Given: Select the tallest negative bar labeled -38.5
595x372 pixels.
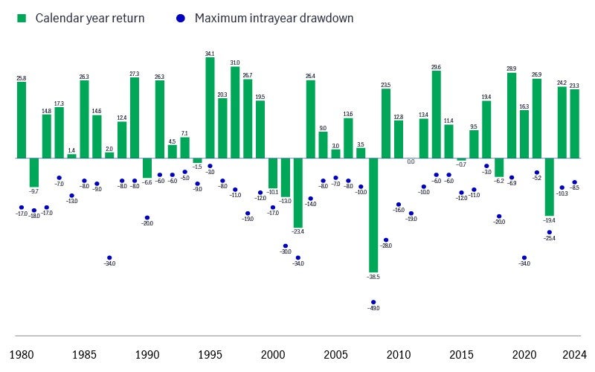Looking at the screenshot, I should [373, 215].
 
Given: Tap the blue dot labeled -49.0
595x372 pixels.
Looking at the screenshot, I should [373, 302].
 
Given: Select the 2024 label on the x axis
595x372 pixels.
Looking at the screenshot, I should [575, 354].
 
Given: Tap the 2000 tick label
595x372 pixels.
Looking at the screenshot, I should [272, 354].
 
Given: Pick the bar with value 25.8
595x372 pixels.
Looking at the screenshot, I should [22, 120].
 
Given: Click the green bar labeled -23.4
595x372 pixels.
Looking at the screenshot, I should [297, 193].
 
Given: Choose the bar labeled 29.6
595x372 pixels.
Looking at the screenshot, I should [436, 115].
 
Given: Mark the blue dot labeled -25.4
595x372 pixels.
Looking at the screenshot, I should [550, 232].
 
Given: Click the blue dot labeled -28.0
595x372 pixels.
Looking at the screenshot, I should [386, 240].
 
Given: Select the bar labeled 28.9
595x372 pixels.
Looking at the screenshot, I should [512, 115].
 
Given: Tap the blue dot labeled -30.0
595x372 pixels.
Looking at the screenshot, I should [285, 246].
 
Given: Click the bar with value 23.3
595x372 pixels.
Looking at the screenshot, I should [575, 124].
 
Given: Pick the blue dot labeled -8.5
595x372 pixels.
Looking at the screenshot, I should [575, 182].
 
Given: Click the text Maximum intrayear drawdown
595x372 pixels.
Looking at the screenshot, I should [274, 17].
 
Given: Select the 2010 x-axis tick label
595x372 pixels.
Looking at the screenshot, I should [398, 354].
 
